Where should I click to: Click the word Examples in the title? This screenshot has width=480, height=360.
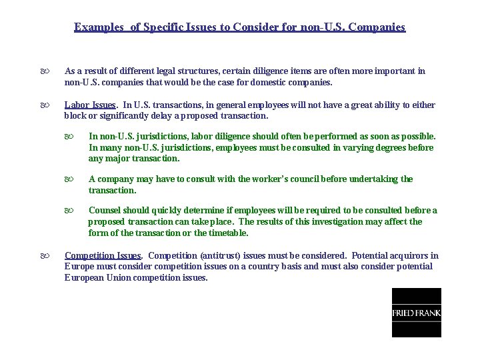point(99,27)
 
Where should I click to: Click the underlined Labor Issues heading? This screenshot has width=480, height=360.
point(90,105)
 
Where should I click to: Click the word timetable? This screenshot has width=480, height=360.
point(227,233)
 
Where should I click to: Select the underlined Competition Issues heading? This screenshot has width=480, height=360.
point(103,255)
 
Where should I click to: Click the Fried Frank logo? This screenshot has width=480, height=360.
point(416,313)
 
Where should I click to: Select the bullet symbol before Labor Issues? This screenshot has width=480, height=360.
point(44,105)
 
